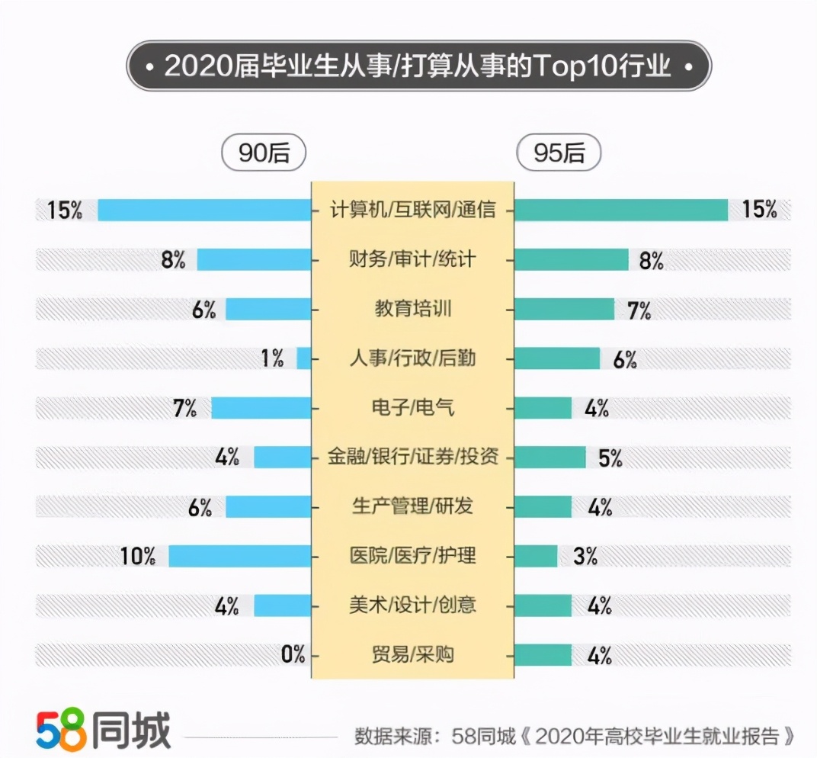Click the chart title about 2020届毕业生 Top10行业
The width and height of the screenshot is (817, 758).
(x=418, y=66)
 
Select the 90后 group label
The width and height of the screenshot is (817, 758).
(x=264, y=153)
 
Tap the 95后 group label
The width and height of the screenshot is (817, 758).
(x=559, y=153)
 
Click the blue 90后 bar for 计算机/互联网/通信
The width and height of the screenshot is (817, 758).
(x=204, y=210)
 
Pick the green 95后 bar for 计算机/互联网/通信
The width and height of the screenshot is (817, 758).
(x=621, y=210)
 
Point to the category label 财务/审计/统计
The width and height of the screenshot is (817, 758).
(x=412, y=259)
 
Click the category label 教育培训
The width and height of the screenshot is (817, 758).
(x=412, y=309)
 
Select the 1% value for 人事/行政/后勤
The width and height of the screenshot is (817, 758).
(x=272, y=358)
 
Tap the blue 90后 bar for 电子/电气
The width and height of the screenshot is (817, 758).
(x=261, y=407)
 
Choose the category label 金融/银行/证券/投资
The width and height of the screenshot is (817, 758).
(x=412, y=457)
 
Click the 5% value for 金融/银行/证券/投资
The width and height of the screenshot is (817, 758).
(x=610, y=458)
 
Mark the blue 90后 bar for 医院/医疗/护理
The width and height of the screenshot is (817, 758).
(x=239, y=556)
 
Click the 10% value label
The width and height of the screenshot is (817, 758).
(x=138, y=556)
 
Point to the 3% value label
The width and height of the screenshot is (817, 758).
(x=585, y=556)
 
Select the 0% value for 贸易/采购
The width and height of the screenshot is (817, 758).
(x=293, y=654)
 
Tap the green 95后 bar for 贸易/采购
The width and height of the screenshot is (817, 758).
(x=543, y=654)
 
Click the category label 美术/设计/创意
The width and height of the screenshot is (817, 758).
(x=412, y=605)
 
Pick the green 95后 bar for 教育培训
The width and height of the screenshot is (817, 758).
(x=564, y=309)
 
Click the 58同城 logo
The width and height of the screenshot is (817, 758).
(x=103, y=731)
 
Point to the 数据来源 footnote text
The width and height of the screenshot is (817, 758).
(x=575, y=736)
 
